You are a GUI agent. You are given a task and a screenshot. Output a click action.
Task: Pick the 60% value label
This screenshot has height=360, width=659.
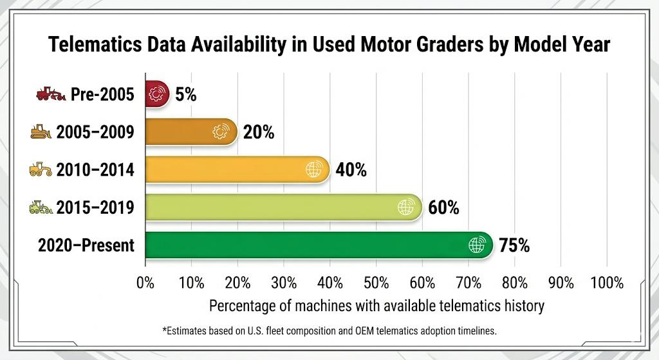pos(443,207)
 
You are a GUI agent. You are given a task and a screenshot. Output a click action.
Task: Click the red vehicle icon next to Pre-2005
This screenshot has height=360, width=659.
pos(50,95)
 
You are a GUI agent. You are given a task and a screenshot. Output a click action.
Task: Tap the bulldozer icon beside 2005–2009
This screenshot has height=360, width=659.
pos(41,133)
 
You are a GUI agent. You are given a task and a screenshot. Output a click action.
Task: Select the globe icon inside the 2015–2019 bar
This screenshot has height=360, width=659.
pos(405,207)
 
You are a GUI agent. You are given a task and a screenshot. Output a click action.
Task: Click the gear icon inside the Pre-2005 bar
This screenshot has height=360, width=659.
pos(156,95)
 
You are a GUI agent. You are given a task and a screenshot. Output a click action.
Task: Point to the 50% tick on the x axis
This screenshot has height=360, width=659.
pos(376,282)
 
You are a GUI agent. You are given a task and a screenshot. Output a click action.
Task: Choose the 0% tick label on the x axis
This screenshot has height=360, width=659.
pos(145,282)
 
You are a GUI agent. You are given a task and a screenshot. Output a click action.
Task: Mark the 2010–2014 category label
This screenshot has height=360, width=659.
pos(95,170)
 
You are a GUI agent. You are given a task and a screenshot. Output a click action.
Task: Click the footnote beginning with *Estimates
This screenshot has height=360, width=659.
pos(329,330)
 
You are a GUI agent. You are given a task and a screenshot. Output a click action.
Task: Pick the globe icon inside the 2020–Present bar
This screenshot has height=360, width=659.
pos(476,245)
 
